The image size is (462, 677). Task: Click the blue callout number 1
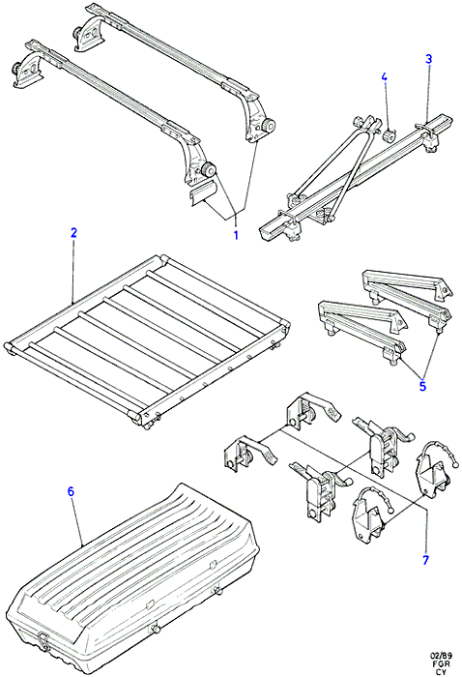(236, 235)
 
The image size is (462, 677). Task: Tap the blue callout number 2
(73, 233)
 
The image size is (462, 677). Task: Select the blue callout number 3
(428, 59)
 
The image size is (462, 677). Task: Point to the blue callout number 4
(384, 76)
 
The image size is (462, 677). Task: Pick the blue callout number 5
(422, 386)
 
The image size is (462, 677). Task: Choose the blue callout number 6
(72, 491)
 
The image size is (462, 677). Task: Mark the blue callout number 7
(426, 560)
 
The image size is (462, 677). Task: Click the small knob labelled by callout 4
(390, 136)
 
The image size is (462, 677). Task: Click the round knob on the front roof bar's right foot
(210, 170)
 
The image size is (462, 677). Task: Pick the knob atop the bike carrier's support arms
(359, 121)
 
